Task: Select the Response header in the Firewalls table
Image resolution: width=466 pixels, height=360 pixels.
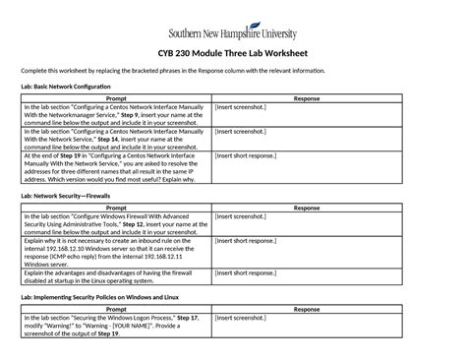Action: click(307, 208)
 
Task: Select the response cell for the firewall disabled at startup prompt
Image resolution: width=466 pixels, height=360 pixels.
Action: click(307, 276)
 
